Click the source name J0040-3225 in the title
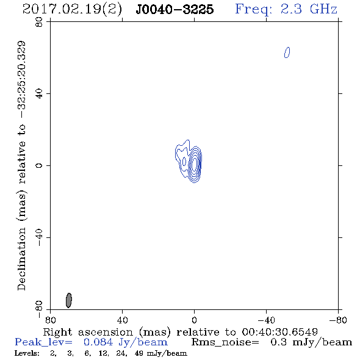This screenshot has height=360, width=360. tap(175, 9)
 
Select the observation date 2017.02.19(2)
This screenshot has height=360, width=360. tap(72, 10)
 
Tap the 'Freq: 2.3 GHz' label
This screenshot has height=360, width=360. tap(286, 9)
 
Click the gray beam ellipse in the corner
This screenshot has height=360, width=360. tap(69, 300)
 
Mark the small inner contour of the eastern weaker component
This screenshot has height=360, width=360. tap(184, 162)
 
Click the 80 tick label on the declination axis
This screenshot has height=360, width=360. tap(39, 22)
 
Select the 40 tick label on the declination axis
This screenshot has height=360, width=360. tap(39, 94)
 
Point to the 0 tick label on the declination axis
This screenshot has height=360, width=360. tap(39, 165)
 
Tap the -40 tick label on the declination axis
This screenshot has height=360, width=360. tap(39, 237)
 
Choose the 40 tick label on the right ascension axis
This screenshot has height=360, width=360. tap(122, 320)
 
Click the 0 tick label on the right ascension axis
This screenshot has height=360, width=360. tap(194, 320)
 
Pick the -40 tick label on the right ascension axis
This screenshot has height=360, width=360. tap(266, 320)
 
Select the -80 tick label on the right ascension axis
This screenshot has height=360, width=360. tap(338, 320)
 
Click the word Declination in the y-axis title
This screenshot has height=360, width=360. tap(21, 259)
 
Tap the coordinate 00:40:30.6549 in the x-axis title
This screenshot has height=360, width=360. tap(279, 332)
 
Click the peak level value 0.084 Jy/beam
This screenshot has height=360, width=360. tap(126, 342)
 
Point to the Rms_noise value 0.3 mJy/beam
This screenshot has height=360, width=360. tap(311, 342)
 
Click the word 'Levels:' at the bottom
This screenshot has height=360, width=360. tap(27, 353)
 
